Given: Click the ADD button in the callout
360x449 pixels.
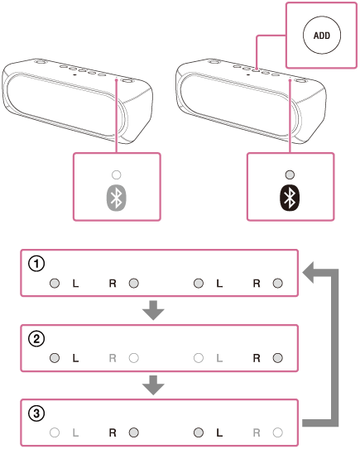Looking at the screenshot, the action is pos(322,35).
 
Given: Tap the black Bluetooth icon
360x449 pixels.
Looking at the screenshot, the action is pos(290,198).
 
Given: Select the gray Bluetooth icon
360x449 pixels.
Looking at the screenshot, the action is pos(117,198).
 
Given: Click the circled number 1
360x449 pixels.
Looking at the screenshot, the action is pos(36,264).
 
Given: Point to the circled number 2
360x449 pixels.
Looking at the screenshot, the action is pos(36,339).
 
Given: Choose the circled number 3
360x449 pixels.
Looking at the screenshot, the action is pos(36,413).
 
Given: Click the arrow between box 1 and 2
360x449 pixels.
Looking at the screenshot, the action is pos(153,310).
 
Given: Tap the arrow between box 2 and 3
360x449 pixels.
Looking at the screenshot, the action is pos(153,385).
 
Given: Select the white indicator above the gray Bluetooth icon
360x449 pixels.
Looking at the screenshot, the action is pos(117,174).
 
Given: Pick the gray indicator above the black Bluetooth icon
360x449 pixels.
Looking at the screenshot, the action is pos(290,174).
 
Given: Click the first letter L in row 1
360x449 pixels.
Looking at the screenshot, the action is pos(75,284).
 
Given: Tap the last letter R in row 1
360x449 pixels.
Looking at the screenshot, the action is pos(257,284).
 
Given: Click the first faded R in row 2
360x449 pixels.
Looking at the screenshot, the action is pos(113,358).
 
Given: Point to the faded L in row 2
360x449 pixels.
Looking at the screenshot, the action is pos(219,358).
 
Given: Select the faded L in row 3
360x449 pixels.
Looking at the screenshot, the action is pos(75,432).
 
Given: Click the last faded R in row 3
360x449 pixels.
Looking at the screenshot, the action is pos(257,432).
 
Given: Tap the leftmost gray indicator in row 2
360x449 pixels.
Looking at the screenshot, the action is pos(55,358).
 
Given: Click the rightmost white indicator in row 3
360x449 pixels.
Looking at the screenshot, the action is pos(277,432).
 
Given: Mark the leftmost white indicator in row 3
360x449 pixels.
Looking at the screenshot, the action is pos(55,432).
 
